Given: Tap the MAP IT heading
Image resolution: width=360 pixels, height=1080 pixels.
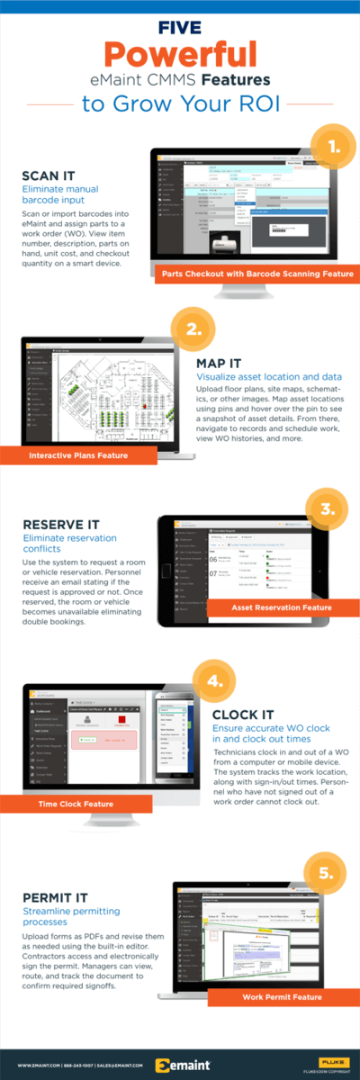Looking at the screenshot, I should coord(220,363).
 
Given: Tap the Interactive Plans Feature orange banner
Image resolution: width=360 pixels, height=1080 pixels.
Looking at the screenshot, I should coord(77,455).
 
